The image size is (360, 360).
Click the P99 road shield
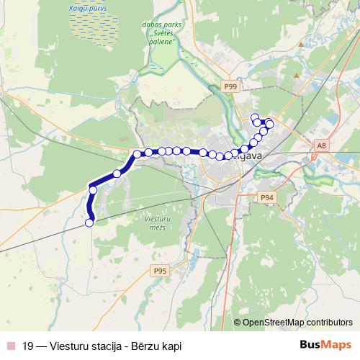[x=230, y=87]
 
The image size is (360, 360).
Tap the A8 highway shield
[x=321, y=146]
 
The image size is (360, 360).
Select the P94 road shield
[x=267, y=197]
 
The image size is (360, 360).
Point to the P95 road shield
[x=160, y=271]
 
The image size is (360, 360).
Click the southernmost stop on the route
[x=89, y=223]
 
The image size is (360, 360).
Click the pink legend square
[x=9, y=346]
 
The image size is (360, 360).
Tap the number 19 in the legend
[x=27, y=346]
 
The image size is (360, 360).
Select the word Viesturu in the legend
[x=69, y=346]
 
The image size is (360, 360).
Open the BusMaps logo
[x=324, y=346]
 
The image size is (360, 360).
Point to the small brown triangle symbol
[x=297, y=75]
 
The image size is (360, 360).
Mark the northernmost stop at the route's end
[x=253, y=117]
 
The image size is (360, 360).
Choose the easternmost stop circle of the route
[x=270, y=125]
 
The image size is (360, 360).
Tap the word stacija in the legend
[x=107, y=346]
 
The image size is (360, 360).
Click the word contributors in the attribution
[x=328, y=323]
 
